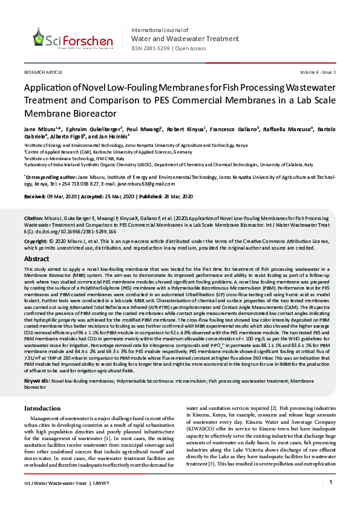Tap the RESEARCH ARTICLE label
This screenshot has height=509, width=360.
click(x=42, y=72)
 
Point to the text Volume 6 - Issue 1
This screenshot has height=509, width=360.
click(x=316, y=72)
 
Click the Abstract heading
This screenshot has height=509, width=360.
click(x=36, y=258)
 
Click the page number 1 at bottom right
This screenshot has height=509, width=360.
click(x=331, y=482)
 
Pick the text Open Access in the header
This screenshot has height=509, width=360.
click(x=191, y=48)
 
